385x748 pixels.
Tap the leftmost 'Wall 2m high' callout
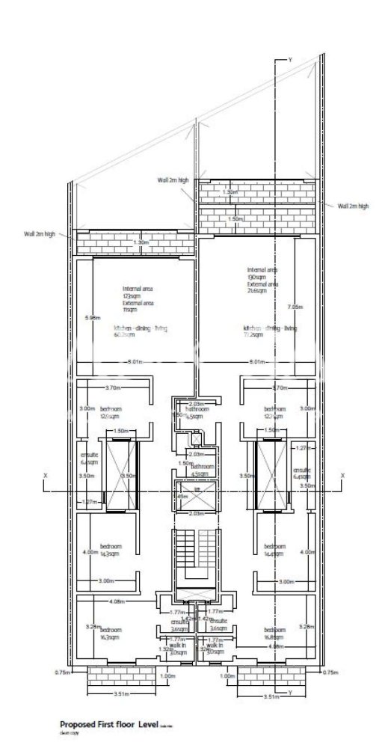click(x=39, y=234)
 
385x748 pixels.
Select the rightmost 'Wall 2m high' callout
click(x=353, y=206)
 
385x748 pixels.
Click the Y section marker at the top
click(x=289, y=58)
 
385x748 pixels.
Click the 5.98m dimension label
click(x=92, y=317)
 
